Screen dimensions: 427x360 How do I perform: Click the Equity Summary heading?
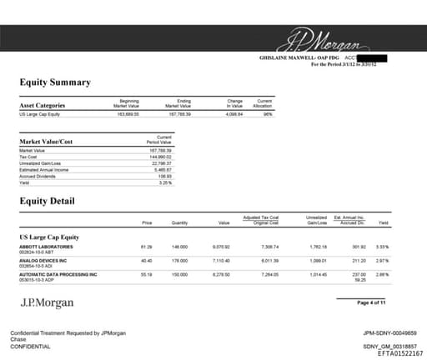click(55, 82)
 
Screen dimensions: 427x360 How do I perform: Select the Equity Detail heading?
click(47, 201)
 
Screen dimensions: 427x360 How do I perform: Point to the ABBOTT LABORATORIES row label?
click(46, 247)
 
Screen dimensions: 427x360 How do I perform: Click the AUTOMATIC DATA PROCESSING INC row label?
click(58, 273)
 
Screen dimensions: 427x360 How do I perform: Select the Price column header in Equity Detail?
click(147, 223)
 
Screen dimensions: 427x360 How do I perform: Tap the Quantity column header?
click(178, 223)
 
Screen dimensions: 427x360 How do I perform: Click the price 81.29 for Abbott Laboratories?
click(146, 247)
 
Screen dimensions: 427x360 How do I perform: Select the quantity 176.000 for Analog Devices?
click(178, 260)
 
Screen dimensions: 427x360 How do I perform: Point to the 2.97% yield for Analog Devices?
click(383, 260)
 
